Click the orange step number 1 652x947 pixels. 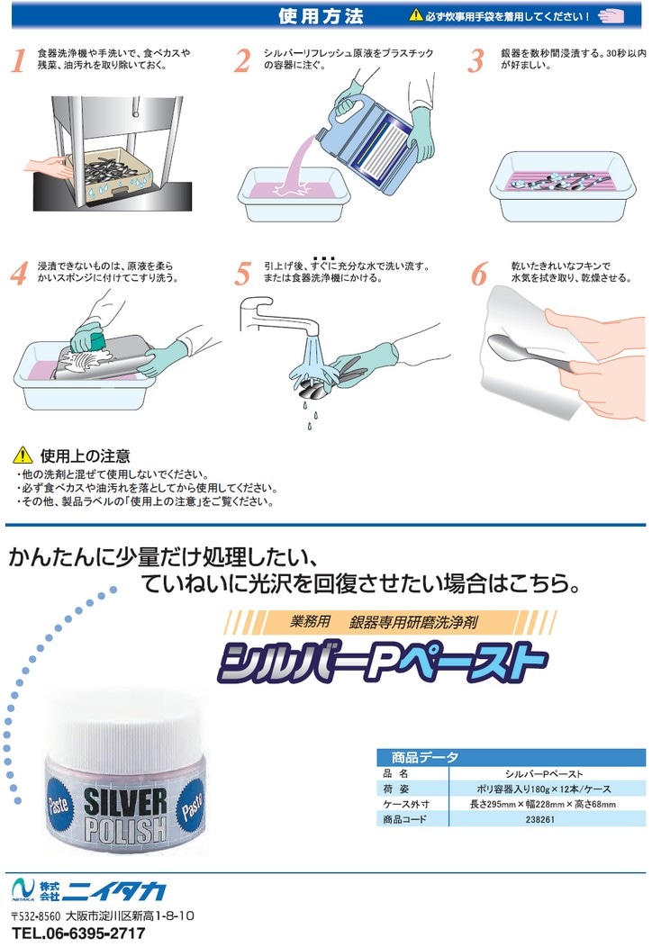point(19,60)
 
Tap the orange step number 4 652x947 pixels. point(19,273)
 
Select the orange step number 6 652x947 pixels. point(479,275)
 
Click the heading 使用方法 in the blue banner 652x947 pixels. point(321,16)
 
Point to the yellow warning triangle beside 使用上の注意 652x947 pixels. point(23,455)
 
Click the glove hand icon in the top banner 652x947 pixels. point(611,16)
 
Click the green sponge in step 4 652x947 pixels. point(89,338)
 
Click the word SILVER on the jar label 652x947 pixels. point(125,802)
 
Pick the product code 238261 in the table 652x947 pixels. point(539,819)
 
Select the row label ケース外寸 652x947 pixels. point(405,804)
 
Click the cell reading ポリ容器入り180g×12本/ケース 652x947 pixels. point(544,789)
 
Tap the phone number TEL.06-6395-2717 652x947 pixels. point(78,933)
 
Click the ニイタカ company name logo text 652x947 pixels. point(114,891)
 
